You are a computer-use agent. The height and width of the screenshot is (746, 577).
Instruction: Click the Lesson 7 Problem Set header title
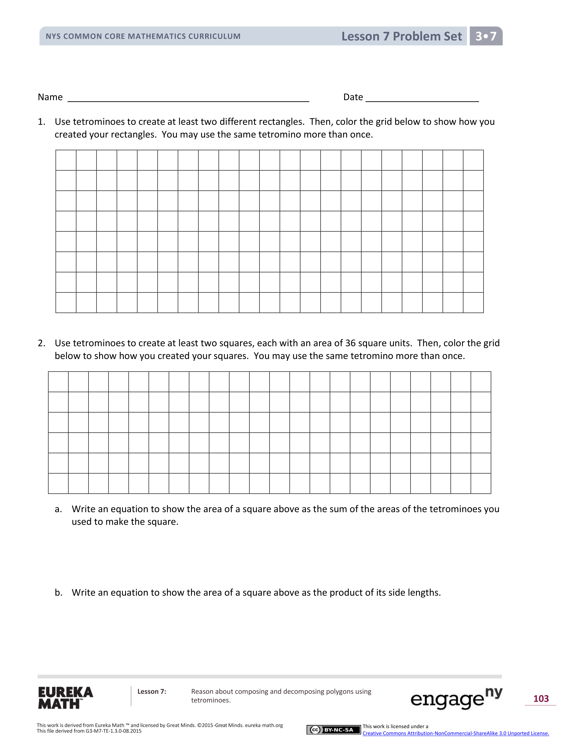tap(401, 36)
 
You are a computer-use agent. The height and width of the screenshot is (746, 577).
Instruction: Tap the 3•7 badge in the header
tap(486, 36)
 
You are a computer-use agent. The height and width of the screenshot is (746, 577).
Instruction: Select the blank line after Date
tap(422, 99)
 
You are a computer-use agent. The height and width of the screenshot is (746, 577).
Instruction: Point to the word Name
tap(50, 97)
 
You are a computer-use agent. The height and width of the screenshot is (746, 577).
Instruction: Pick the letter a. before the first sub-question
tap(58, 509)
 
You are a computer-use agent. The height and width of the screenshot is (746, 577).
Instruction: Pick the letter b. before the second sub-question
tap(58, 593)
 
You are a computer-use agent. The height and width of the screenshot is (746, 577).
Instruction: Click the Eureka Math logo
tap(65, 698)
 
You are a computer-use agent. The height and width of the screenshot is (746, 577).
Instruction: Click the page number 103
tap(541, 699)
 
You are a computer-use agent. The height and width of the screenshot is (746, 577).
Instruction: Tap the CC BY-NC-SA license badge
tap(334, 730)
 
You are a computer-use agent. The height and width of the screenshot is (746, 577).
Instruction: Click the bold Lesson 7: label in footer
tap(151, 692)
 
